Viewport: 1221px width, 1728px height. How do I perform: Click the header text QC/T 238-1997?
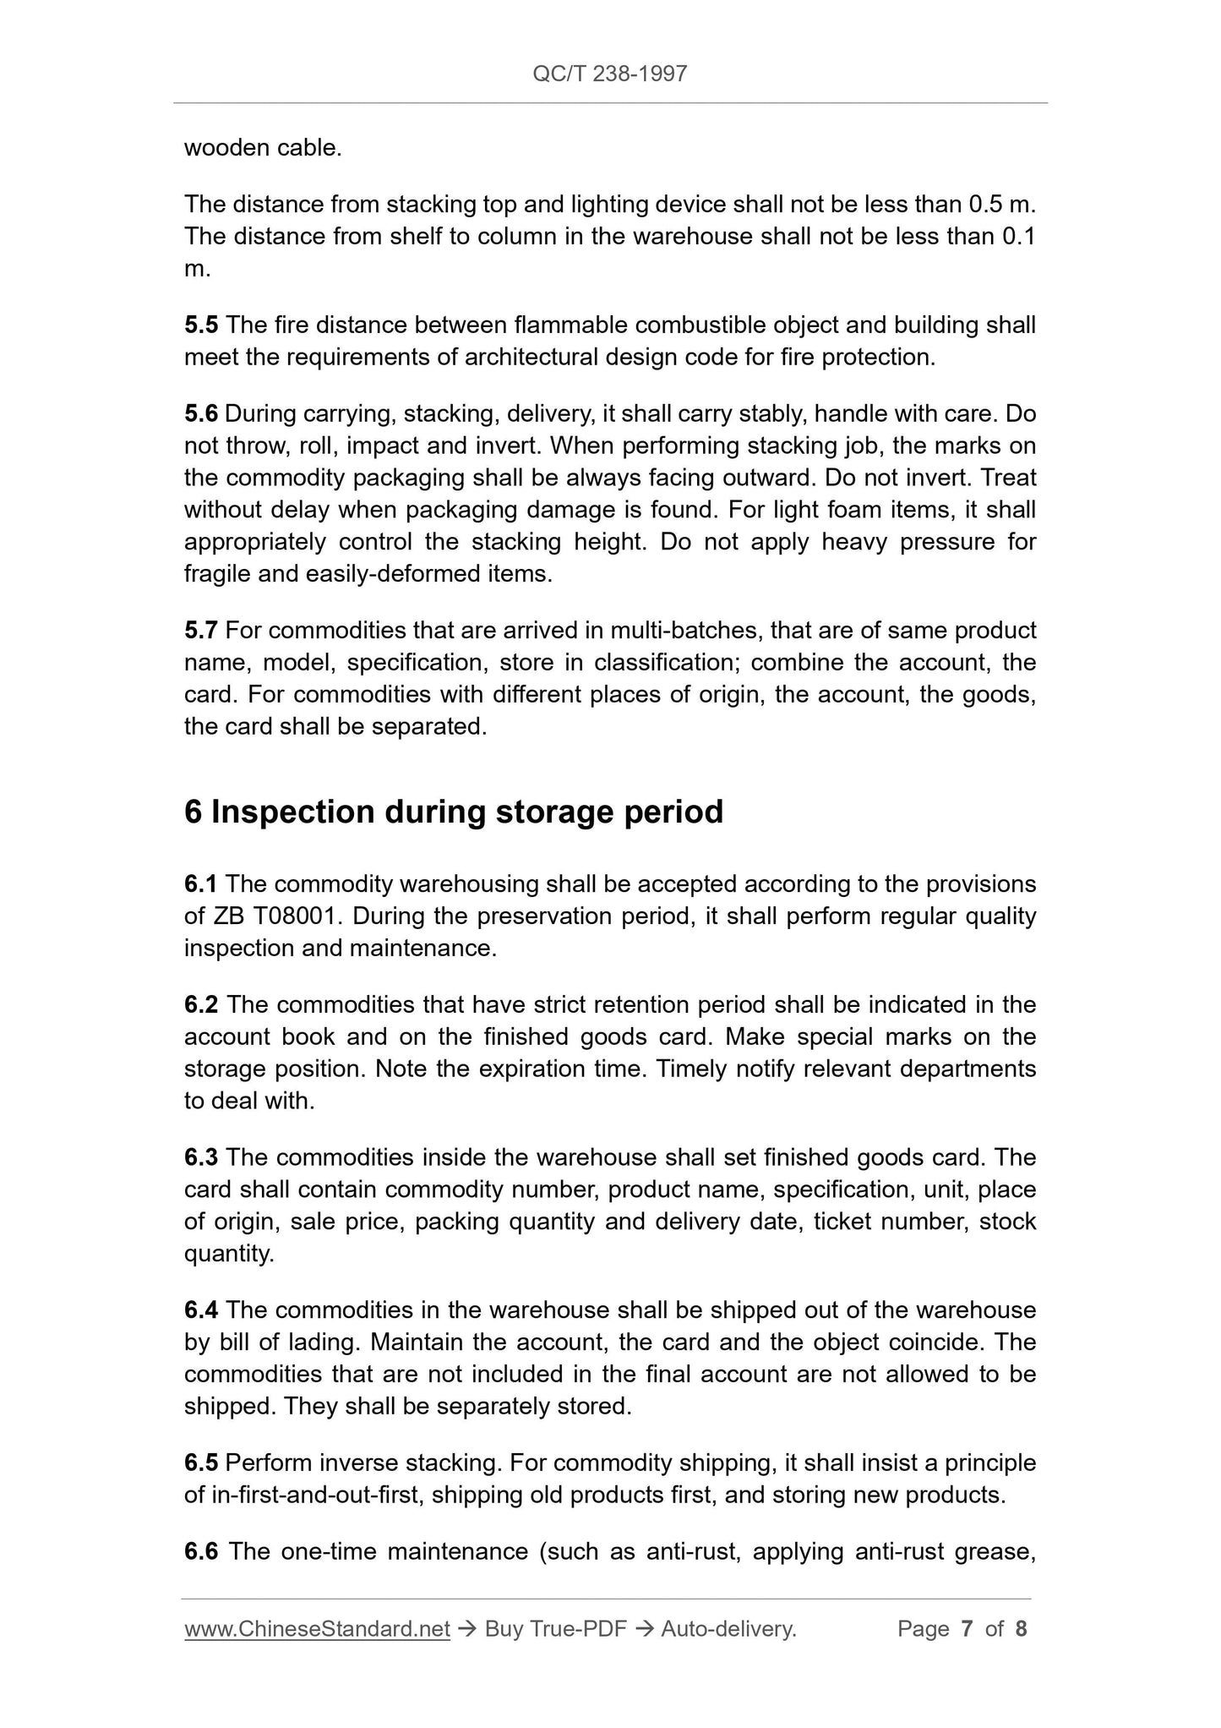pos(609,74)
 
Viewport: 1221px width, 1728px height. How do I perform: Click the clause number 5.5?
pos(201,325)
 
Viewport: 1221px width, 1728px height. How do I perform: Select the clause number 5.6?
pos(201,413)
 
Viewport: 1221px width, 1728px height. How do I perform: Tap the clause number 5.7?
pos(201,630)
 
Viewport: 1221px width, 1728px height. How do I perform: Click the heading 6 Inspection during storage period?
pos(454,812)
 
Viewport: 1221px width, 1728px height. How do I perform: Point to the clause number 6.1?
pos(201,883)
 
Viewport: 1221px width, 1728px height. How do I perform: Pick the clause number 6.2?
pos(201,1004)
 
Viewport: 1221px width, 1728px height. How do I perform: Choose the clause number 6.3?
pos(201,1157)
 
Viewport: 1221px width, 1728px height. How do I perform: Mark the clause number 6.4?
pos(201,1310)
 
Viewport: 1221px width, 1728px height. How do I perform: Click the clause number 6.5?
pos(201,1463)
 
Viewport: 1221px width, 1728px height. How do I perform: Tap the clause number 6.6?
pos(201,1551)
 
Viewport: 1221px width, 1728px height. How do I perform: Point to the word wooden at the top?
pos(222,148)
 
